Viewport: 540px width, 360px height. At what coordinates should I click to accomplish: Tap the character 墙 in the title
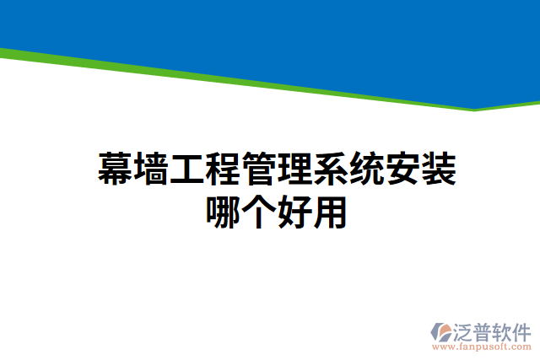tap(152, 170)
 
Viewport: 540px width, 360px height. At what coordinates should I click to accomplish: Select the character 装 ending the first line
tap(439, 170)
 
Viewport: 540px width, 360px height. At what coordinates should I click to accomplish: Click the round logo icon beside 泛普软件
tap(443, 331)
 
